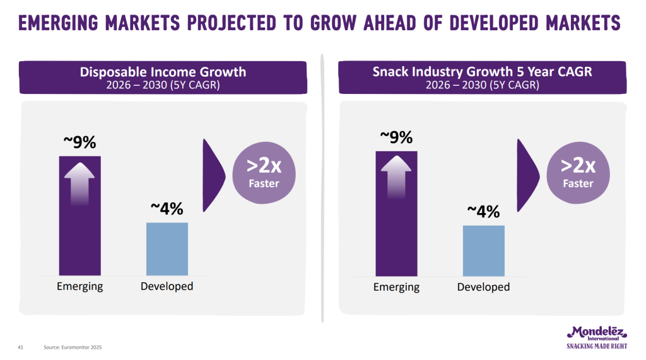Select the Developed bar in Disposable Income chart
[167, 248]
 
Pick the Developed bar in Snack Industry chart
[483, 250]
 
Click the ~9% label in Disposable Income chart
[79, 142]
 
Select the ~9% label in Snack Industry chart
[396, 137]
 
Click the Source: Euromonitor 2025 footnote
[73, 347]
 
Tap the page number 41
[20, 347]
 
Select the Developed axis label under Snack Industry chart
[483, 287]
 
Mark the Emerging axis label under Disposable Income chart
[79, 287]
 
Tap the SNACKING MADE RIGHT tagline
[596, 345]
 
